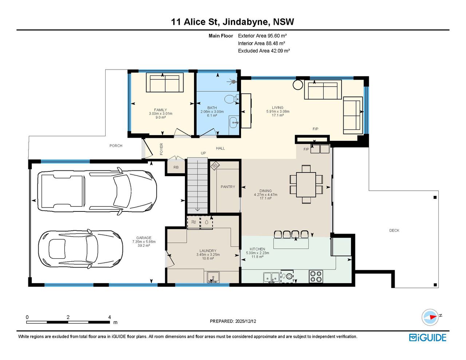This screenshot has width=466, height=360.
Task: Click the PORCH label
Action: [x=116, y=146]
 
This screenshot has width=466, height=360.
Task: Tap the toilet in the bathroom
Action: [x=232, y=99]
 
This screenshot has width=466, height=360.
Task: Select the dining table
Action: [x=306, y=185]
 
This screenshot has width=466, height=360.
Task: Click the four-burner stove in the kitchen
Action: [x=316, y=277]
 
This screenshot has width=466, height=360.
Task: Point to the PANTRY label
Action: [x=228, y=187]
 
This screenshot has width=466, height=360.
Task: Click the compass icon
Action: [x=430, y=317]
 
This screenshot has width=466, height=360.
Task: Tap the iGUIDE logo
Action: [x=427, y=337]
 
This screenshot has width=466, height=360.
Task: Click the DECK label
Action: [x=394, y=230]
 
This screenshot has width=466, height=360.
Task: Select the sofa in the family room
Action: [x=165, y=83]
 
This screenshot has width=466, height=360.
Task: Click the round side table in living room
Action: [x=298, y=85]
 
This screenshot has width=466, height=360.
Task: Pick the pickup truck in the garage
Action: [x=97, y=190]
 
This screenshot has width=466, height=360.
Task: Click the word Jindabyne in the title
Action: [x=246, y=22]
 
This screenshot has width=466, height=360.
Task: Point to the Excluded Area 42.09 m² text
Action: [x=264, y=51]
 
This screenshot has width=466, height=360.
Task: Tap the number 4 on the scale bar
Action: [x=110, y=317]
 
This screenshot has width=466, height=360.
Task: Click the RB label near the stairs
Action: [x=176, y=167]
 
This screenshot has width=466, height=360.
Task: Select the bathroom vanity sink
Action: [x=234, y=122]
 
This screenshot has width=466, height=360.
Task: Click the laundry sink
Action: [x=213, y=277]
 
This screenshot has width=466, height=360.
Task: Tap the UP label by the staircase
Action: [x=203, y=153]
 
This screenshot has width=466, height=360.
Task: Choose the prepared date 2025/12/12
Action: [x=245, y=321]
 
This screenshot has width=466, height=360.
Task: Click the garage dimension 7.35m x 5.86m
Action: [x=144, y=242]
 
